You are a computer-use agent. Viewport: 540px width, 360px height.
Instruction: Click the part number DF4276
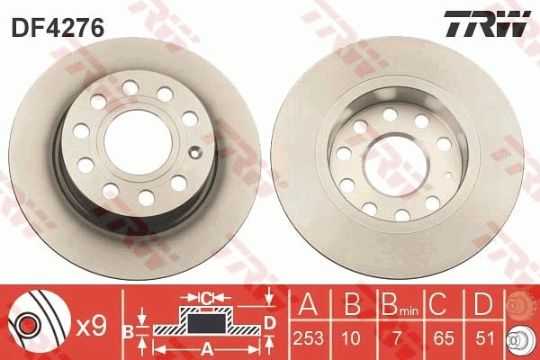pyautogui.click(x=58, y=28)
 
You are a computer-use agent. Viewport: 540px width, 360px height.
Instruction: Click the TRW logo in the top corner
pyautogui.click(x=487, y=23)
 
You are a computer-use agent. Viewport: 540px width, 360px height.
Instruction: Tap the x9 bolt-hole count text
pyautogui.click(x=91, y=327)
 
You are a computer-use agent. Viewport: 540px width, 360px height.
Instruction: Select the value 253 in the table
pyautogui.click(x=309, y=338)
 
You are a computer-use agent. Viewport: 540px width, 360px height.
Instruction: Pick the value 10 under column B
pyautogui.click(x=351, y=338)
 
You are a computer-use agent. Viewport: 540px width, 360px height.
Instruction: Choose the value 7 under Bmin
pyautogui.click(x=398, y=338)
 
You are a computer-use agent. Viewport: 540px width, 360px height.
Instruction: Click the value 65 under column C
pyautogui.click(x=444, y=338)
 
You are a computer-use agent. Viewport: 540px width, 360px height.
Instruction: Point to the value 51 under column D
pyautogui.click(x=484, y=338)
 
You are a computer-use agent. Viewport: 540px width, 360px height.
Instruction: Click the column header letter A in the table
pyautogui.click(x=308, y=304)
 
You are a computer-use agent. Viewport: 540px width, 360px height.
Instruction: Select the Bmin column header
pyautogui.click(x=400, y=304)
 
